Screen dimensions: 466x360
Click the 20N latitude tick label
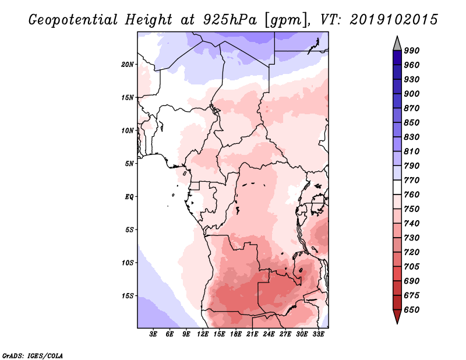[x=128, y=64]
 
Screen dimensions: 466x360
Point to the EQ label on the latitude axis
[x=129, y=197]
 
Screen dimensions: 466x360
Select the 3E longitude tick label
[x=153, y=334]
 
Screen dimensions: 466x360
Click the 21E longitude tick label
[x=252, y=334]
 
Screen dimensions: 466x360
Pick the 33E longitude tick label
[x=318, y=334]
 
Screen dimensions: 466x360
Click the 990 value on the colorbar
[x=412, y=51]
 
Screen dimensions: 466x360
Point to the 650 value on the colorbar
[x=412, y=310]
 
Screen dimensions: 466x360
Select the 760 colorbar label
[x=412, y=195]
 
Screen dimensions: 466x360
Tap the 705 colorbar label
[x=412, y=266]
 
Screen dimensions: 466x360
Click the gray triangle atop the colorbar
[x=397, y=44]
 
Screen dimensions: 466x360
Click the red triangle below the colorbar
[x=397, y=316]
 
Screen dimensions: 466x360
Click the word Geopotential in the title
[x=73, y=20]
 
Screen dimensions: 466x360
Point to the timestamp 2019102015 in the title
[x=394, y=19]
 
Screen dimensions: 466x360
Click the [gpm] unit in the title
[x=286, y=20]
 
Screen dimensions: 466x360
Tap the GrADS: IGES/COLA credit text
[x=33, y=355]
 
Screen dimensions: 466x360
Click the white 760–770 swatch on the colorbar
[x=397, y=188]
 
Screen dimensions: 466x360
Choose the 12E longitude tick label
[x=203, y=334]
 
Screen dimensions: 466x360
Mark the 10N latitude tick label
[x=128, y=130]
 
